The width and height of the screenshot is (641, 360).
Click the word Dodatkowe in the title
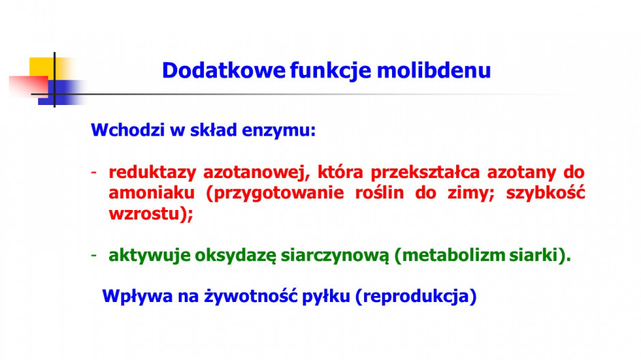[x=224, y=70]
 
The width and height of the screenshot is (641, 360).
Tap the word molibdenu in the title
[x=434, y=70]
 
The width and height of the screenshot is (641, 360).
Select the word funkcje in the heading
[x=331, y=71]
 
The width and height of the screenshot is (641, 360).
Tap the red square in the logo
[x=29, y=86]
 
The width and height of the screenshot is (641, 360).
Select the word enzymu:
[x=279, y=131]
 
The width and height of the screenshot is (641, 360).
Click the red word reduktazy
[x=153, y=172]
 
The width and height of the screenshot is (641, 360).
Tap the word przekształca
[x=425, y=172]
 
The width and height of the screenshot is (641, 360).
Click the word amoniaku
[x=151, y=193]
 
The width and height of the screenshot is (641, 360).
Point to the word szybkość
[x=546, y=193]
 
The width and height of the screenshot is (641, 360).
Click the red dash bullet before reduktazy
[x=94, y=172]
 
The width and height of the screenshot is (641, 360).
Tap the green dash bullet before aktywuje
[x=94, y=256]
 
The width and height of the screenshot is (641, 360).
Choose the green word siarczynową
[x=335, y=256]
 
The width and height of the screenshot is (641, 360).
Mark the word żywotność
[x=250, y=297]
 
